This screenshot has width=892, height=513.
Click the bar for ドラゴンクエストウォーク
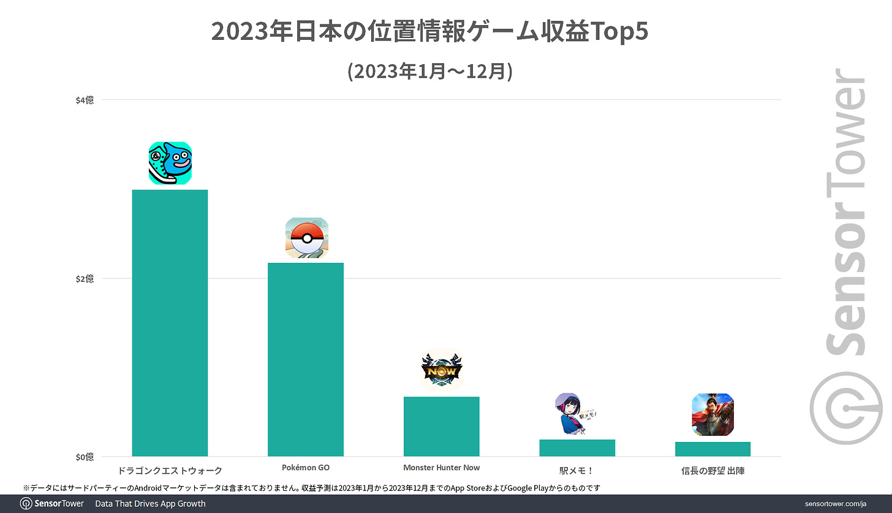coord(170,323)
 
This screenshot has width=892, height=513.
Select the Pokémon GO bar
coord(305,359)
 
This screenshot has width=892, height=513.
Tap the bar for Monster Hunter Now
coord(441,427)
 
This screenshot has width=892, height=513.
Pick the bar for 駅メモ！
coord(576,448)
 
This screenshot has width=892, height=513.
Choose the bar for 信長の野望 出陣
coord(712,449)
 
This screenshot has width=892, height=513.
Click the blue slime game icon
coord(170,163)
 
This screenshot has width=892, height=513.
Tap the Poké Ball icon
coord(306,238)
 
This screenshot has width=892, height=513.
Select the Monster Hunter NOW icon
coord(442,369)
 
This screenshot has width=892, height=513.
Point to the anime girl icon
coord(576,414)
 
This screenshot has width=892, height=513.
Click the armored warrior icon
coord(712,414)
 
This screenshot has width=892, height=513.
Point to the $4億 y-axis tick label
coord(85,100)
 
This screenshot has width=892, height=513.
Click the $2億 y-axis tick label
coord(85,279)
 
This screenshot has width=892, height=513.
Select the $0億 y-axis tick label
coord(85,457)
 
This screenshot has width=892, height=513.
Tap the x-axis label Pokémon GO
coord(306,468)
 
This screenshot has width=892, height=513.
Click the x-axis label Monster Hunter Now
coord(441,468)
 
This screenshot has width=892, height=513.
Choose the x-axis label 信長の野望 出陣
coord(712,471)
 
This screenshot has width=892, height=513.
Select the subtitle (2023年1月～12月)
coord(429,71)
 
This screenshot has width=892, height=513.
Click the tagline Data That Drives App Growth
coord(150,504)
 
